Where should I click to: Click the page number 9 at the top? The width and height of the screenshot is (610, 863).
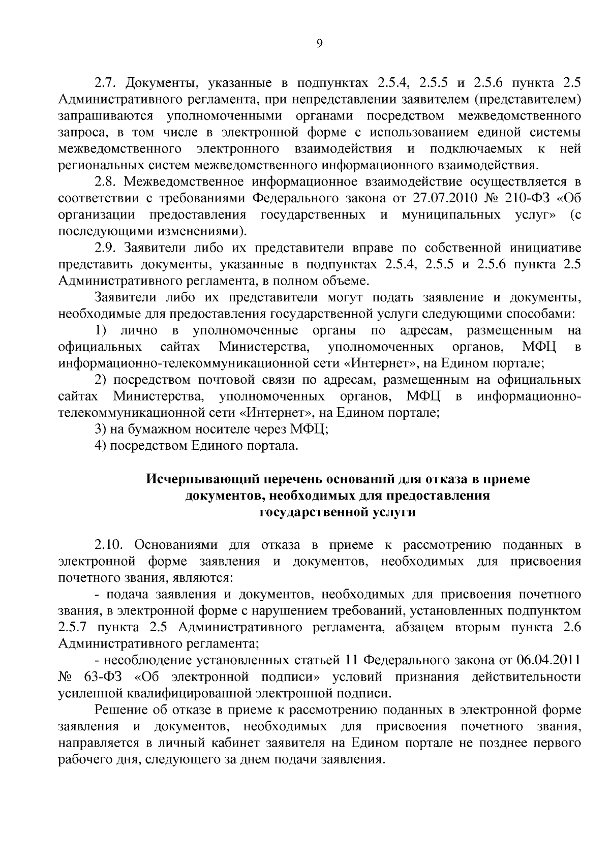[319, 44]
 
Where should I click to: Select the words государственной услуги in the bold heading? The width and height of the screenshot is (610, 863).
[338, 512]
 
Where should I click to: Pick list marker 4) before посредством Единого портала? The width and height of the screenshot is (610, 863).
[100, 446]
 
